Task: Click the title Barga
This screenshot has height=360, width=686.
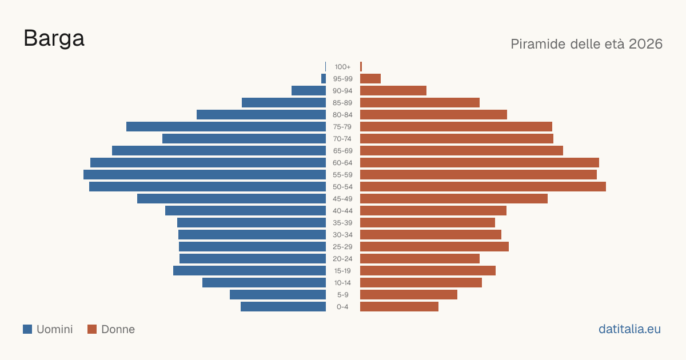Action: point(54,38)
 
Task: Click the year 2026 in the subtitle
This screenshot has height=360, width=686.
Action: point(645,44)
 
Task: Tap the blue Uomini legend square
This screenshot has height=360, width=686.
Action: point(27,329)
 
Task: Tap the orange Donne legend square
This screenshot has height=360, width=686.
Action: point(92,329)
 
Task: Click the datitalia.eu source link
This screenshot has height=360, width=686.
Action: point(629,329)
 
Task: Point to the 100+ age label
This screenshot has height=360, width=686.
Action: point(342,67)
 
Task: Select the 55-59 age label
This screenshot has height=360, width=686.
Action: point(342,175)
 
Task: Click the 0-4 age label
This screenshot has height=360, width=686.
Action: point(342,307)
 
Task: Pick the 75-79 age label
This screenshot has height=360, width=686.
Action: point(342,127)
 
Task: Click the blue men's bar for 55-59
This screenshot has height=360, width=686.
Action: point(205,174)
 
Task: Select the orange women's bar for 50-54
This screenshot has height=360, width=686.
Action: point(483,187)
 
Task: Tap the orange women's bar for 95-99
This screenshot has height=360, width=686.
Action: point(370,79)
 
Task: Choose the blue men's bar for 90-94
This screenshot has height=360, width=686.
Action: point(309,91)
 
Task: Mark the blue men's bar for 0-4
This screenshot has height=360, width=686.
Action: point(284,307)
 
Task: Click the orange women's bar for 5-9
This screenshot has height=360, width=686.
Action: point(409,294)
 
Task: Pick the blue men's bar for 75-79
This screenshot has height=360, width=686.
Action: point(226,127)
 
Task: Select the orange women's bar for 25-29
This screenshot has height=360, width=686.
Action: point(434,247)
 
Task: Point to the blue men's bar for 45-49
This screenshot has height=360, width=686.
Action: point(232,199)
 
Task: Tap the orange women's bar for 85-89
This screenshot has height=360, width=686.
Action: point(420,102)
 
